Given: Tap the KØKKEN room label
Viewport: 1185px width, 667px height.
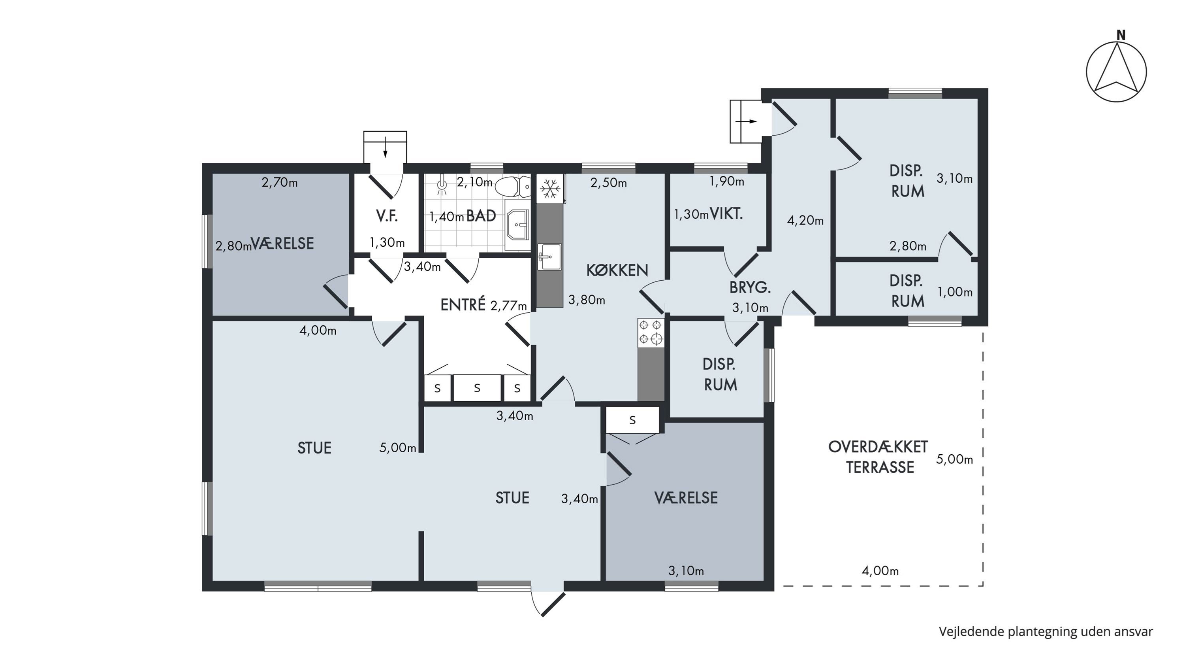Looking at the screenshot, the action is [617, 270].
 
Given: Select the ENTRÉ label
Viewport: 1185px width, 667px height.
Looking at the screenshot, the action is [463, 305].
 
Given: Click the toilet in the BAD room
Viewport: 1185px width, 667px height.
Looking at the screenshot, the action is [512, 187].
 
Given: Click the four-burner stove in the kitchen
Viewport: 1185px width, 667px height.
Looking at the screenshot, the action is [651, 333].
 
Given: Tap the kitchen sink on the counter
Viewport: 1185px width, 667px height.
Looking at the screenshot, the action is [549, 257].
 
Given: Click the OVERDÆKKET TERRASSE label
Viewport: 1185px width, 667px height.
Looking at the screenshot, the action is [878, 457].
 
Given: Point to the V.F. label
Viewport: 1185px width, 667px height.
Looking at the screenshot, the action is [386, 216].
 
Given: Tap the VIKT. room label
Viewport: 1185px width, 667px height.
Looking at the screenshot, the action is [726, 214].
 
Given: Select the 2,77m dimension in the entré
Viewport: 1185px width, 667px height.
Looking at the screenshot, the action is [509, 306].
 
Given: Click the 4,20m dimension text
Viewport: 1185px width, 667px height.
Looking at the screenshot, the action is [805, 221].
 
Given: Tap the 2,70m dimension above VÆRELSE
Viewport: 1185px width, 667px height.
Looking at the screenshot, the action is [280, 183].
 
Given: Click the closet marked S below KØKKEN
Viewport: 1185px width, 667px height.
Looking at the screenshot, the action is [632, 420].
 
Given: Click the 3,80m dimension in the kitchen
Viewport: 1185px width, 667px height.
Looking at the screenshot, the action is [587, 300].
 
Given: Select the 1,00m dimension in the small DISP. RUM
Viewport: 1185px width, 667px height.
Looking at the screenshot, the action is [955, 292].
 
